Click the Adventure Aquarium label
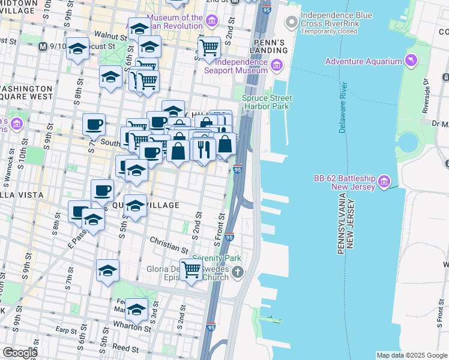point(363,61)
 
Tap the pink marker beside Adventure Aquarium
point(411,61)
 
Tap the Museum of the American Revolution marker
point(211,22)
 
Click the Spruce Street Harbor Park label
point(267,102)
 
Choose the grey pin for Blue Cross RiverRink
point(292,22)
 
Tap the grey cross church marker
point(238,274)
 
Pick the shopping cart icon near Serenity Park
point(191,270)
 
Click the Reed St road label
point(125,348)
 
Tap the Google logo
point(19,353)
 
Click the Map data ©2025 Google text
point(412,355)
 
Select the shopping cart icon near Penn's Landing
point(209,47)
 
